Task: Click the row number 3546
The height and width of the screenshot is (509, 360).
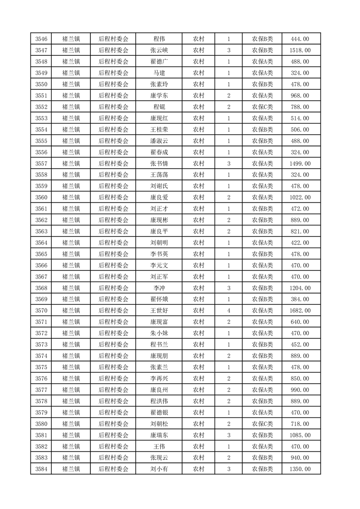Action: pos(41,39)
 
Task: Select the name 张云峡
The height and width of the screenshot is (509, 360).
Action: pos(159,50)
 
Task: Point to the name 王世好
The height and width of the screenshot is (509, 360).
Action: pos(159,311)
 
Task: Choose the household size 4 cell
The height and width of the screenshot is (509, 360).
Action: pos(228,311)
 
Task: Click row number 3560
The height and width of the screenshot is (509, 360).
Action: pos(41,197)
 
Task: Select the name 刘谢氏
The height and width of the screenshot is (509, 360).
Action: pos(159,186)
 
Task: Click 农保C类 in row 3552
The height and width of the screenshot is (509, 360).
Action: pos(262,107)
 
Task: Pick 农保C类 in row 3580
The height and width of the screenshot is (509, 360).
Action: pos(262,424)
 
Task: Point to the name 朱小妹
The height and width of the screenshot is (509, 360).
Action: pos(159,333)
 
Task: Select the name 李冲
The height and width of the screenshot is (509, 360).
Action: pos(159,288)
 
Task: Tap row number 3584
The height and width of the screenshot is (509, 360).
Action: pos(41,469)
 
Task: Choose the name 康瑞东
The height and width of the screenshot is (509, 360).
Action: pos(159,435)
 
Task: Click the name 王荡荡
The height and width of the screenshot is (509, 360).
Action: pos(159,175)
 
